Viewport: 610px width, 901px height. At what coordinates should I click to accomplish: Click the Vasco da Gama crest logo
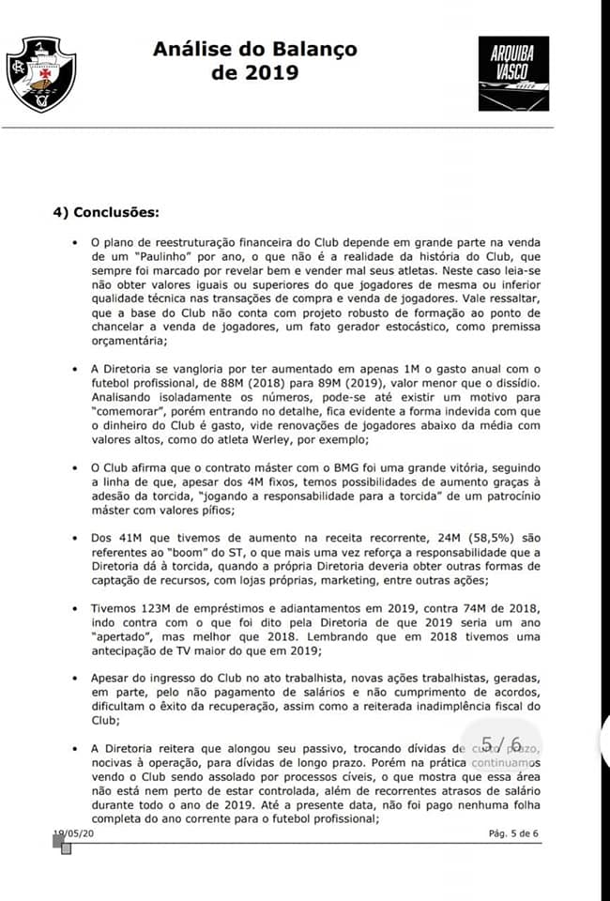tap(42, 75)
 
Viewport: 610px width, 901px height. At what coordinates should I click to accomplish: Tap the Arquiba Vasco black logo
tap(514, 75)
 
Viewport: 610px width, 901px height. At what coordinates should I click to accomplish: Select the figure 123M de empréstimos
tap(163, 608)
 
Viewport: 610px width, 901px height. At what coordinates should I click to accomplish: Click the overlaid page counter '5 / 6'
tap(501, 744)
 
